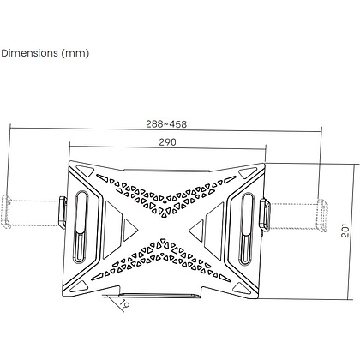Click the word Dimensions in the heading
coord(29,53)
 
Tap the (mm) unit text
coord(75,53)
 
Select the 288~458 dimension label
coord(166,124)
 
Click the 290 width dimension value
coord(167,142)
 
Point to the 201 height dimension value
coord(345,231)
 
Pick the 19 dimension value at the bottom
coord(124,304)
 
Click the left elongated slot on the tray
coord(81,227)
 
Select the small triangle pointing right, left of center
coord(130,230)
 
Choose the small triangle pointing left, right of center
coord(197,231)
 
